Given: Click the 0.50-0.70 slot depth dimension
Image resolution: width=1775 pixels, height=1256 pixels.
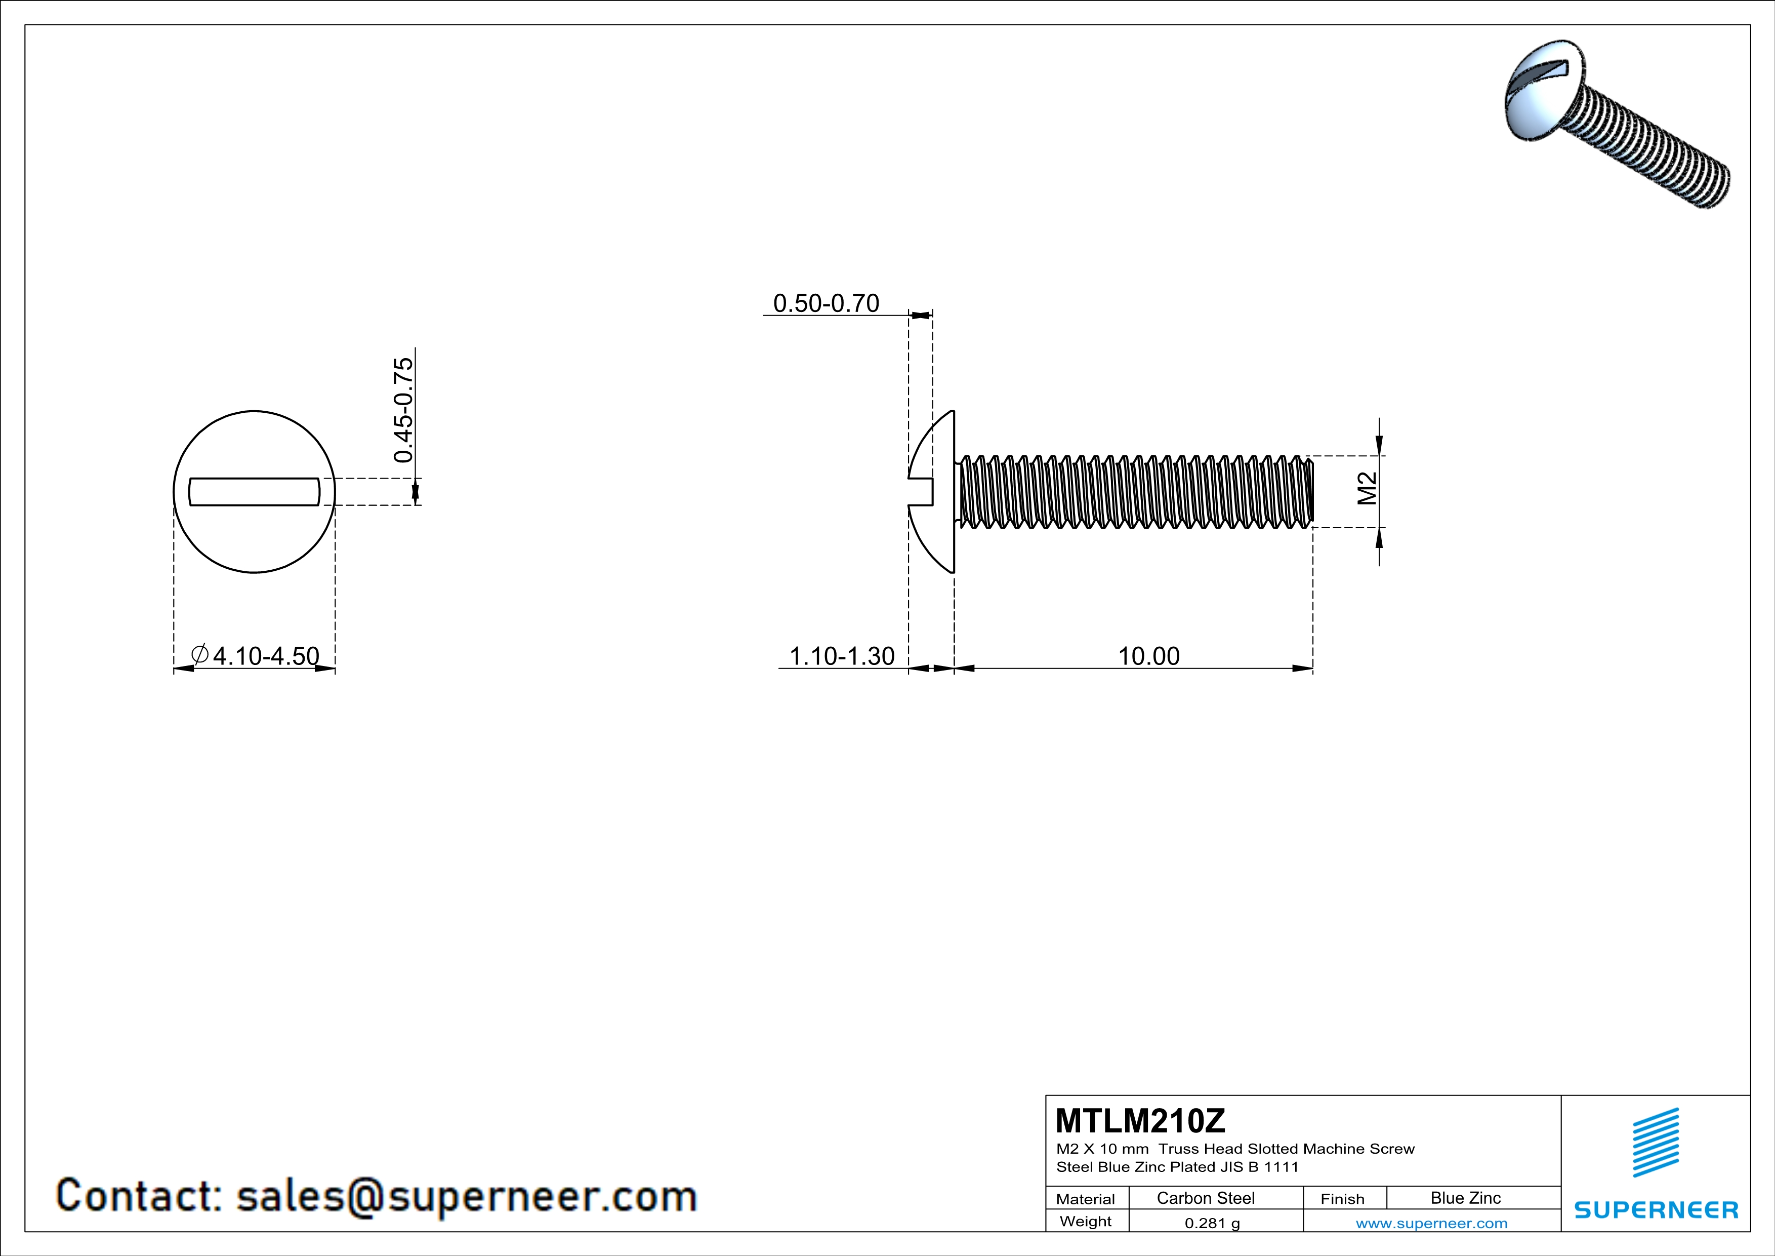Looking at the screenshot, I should coord(825,303).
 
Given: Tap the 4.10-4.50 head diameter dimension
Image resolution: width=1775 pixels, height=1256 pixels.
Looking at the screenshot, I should coord(265,656).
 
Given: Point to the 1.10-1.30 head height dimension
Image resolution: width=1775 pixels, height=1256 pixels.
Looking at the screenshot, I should coord(841,656).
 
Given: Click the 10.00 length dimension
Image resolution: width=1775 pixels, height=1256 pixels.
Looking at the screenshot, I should coord(1149,656).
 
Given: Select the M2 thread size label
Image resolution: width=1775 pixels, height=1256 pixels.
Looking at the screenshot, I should coord(1368,489).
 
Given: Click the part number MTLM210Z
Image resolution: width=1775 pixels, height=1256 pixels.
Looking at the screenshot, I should coord(1140,1121).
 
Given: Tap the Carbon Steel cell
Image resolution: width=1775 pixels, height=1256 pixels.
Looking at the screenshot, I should coord(1205,1198).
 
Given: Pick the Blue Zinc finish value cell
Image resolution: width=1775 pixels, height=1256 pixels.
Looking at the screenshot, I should coord(1465,1198).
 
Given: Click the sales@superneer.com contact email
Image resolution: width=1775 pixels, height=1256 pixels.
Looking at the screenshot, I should coord(466,1196).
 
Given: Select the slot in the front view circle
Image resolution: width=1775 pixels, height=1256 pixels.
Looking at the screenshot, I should coord(255,492).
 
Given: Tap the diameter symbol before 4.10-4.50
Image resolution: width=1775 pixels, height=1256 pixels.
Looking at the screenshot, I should coord(199,654).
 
